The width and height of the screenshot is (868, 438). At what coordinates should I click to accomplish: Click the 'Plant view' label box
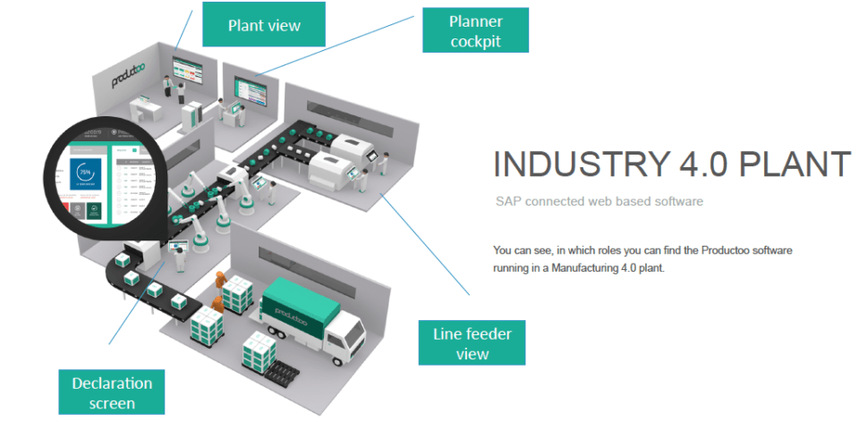click(264, 25)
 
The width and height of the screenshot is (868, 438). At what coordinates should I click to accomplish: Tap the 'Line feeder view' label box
click(472, 343)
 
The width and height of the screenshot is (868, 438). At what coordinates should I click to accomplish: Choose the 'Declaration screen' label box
click(112, 392)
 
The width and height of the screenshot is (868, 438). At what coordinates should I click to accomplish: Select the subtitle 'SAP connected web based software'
click(600, 202)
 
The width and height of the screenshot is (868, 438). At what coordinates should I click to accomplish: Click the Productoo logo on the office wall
click(132, 75)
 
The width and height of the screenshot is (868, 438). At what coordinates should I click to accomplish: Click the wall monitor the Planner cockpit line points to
click(246, 88)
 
